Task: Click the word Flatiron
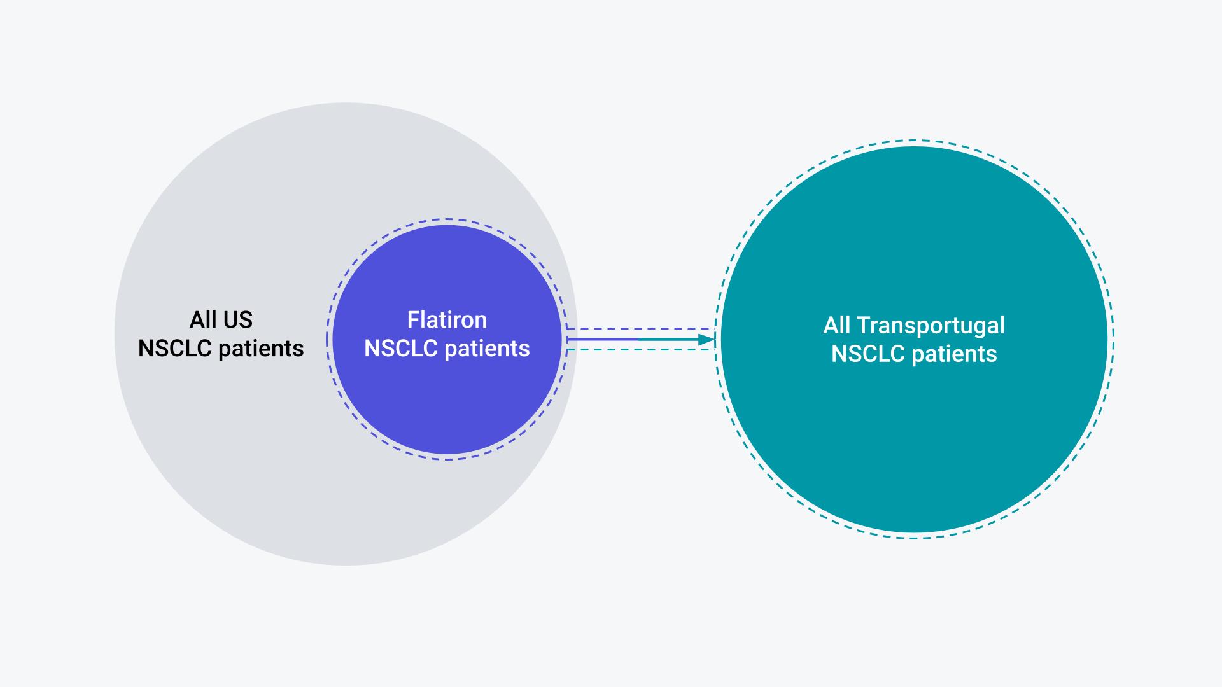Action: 447,319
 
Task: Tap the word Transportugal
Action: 931,326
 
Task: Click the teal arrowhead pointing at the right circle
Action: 707,340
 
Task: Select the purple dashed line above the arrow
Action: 640,329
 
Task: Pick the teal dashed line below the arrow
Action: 640,350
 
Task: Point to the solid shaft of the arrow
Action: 633,340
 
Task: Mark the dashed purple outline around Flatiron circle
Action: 447,219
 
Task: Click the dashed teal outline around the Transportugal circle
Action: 915,141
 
